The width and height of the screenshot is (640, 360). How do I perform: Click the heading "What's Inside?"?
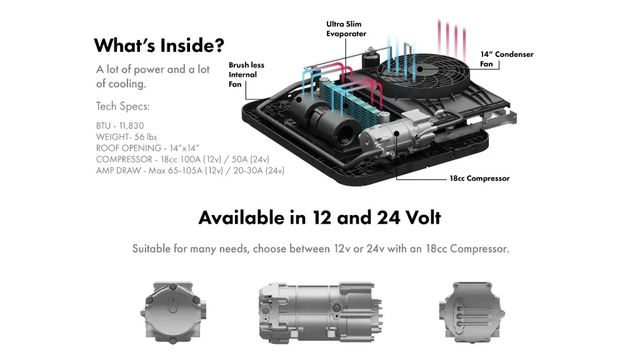(159, 46)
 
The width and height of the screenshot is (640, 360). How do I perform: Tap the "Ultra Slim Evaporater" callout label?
(346, 29)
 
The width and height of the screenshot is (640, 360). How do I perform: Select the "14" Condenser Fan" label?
(506, 59)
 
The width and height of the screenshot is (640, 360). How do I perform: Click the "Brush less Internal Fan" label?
(246, 74)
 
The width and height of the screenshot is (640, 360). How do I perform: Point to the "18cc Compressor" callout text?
(479, 179)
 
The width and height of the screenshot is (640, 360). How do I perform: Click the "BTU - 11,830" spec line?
(120, 126)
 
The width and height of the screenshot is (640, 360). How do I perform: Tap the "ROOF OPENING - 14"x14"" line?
(147, 148)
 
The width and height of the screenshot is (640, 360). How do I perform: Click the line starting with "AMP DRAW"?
(190, 171)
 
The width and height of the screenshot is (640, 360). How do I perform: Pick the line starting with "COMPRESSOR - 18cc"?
(182, 159)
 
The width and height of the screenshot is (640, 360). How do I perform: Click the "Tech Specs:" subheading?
(122, 106)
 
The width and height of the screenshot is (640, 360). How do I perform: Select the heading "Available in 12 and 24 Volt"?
(319, 217)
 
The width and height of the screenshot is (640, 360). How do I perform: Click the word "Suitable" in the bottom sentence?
(151, 249)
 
